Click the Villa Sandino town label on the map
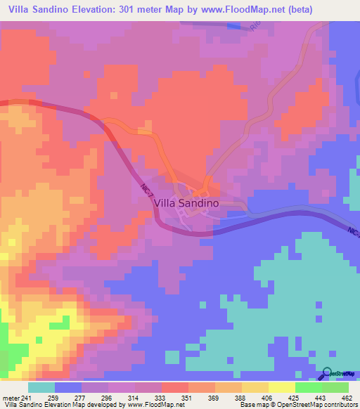[x=186, y=202]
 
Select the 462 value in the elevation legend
[x=347, y=398]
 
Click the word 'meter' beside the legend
[x=11, y=398]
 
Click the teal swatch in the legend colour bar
[x=41, y=387]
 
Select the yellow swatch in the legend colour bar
[x=281, y=387]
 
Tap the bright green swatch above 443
[x=308, y=387]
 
